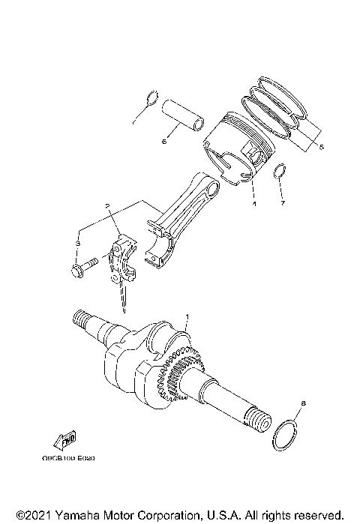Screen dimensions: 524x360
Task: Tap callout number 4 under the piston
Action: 253,203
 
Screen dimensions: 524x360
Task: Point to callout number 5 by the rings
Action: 321,147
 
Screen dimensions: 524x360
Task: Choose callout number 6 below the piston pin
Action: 164,139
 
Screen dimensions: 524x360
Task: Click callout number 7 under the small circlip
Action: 283,203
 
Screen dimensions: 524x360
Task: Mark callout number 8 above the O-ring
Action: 302,403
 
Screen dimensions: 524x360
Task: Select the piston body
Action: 240,154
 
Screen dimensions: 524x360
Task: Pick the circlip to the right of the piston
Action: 280,172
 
